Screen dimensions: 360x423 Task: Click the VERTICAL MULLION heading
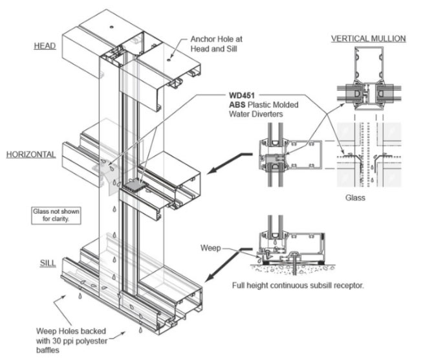point(368,39)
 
